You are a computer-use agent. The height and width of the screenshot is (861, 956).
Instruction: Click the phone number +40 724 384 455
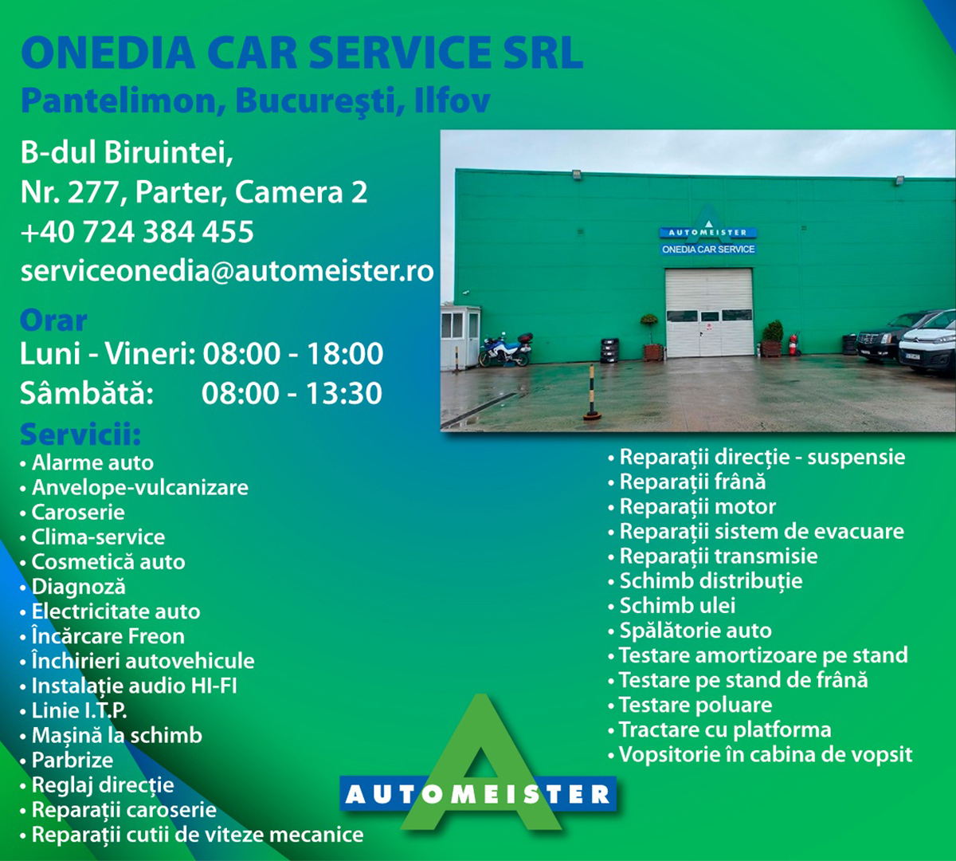(x=137, y=232)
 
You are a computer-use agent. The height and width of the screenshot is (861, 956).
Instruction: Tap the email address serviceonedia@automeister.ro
(x=227, y=271)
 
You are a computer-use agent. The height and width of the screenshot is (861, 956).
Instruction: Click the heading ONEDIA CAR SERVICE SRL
(x=302, y=53)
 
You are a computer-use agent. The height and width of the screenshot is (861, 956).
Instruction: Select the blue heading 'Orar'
(x=53, y=320)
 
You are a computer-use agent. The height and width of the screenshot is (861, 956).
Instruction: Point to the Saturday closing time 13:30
(x=343, y=393)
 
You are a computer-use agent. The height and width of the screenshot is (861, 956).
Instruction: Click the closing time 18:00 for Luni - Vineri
(x=345, y=353)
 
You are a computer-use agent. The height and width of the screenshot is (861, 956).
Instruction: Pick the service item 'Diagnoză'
(x=79, y=588)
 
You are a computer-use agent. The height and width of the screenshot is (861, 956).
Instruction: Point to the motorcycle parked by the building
(x=505, y=349)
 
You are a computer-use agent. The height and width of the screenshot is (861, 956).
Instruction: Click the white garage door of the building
(x=709, y=313)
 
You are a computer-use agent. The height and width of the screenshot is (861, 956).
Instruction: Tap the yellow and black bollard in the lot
(x=592, y=393)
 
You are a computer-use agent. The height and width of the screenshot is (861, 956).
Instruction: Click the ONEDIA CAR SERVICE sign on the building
(x=708, y=249)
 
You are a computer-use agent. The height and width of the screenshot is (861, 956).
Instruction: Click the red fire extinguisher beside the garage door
(x=792, y=344)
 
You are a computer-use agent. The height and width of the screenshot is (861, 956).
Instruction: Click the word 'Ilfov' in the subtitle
(x=453, y=100)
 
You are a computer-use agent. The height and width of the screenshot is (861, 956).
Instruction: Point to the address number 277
(x=93, y=192)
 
